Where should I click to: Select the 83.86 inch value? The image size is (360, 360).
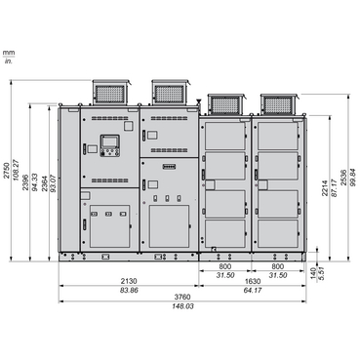pyautogui.click(x=129, y=291)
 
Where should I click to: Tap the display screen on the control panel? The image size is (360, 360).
pyautogui.click(x=109, y=148)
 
